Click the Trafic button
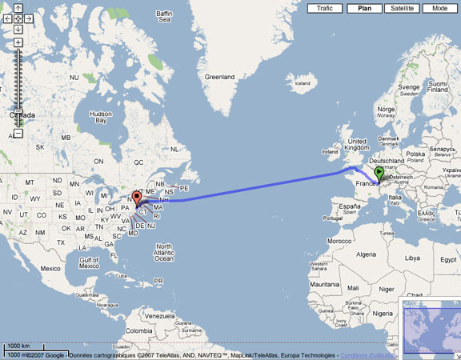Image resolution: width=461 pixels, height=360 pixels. pyautogui.click(x=325, y=8)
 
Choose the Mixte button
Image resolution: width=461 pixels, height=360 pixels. pyautogui.click(x=439, y=8)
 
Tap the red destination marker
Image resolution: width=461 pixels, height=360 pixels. pyautogui.click(x=136, y=198)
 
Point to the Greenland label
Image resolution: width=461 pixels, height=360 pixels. pyautogui.click(x=219, y=77)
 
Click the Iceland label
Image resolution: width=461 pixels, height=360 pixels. pyautogui.click(x=303, y=82)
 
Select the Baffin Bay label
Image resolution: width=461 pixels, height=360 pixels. pyautogui.click(x=164, y=18)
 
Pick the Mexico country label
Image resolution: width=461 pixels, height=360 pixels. pyautogui.click(x=50, y=268)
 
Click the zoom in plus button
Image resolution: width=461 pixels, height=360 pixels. pyautogui.click(x=18, y=42)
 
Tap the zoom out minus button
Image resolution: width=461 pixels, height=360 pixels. pyautogui.click(x=18, y=133)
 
